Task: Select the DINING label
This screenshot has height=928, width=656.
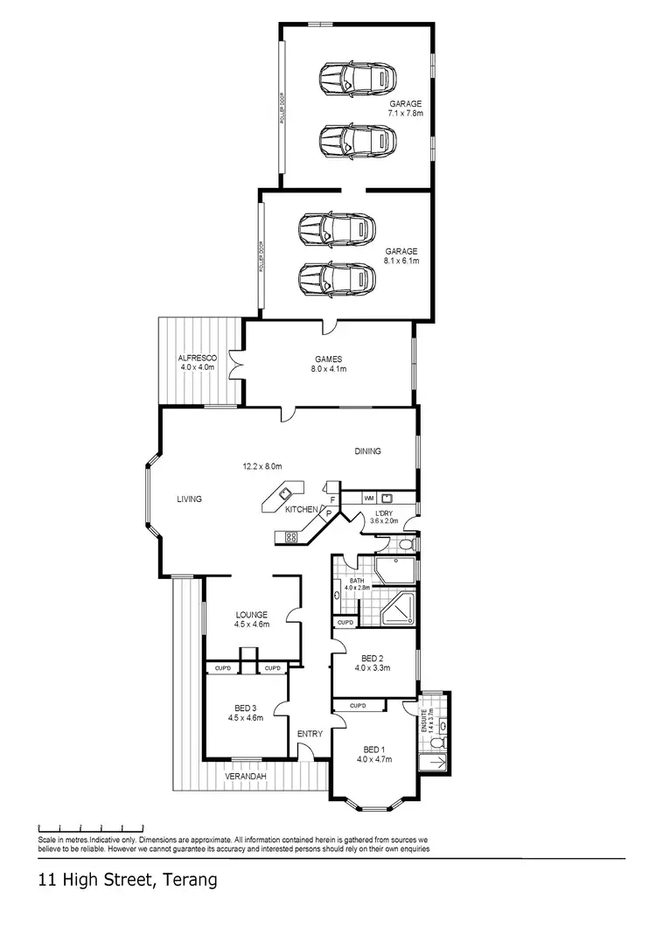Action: click(367, 451)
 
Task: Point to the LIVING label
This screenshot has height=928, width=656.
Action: click(189, 499)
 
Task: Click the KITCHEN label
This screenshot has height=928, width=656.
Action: click(302, 509)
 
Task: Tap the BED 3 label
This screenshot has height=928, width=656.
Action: click(245, 708)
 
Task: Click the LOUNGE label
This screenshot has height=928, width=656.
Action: click(250, 614)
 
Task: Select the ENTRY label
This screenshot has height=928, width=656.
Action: click(310, 734)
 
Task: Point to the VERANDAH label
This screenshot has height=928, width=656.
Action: click(245, 776)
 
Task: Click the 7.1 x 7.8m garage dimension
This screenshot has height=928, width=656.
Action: click(406, 114)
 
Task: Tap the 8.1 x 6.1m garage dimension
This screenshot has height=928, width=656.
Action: click(401, 261)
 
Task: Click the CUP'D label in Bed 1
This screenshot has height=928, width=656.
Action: click(357, 705)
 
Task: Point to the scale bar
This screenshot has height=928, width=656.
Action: click(91, 827)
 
